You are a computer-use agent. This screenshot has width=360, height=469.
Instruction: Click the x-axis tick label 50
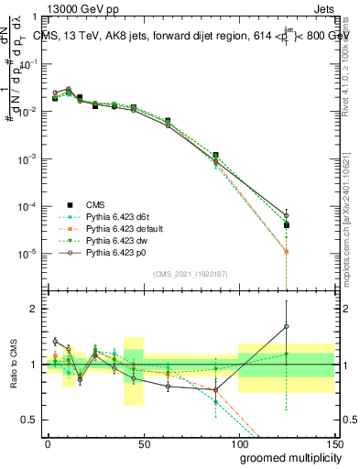pyautogui.click(x=143, y=442)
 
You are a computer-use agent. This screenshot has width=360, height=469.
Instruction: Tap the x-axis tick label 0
pyautogui.click(x=48, y=442)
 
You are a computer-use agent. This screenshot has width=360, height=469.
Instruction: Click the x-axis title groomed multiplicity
pyautogui.click(x=287, y=457)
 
